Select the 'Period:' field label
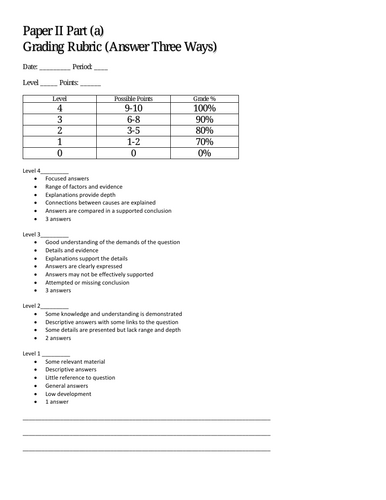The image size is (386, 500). point(81,67)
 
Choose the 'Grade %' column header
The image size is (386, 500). point(205,101)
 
